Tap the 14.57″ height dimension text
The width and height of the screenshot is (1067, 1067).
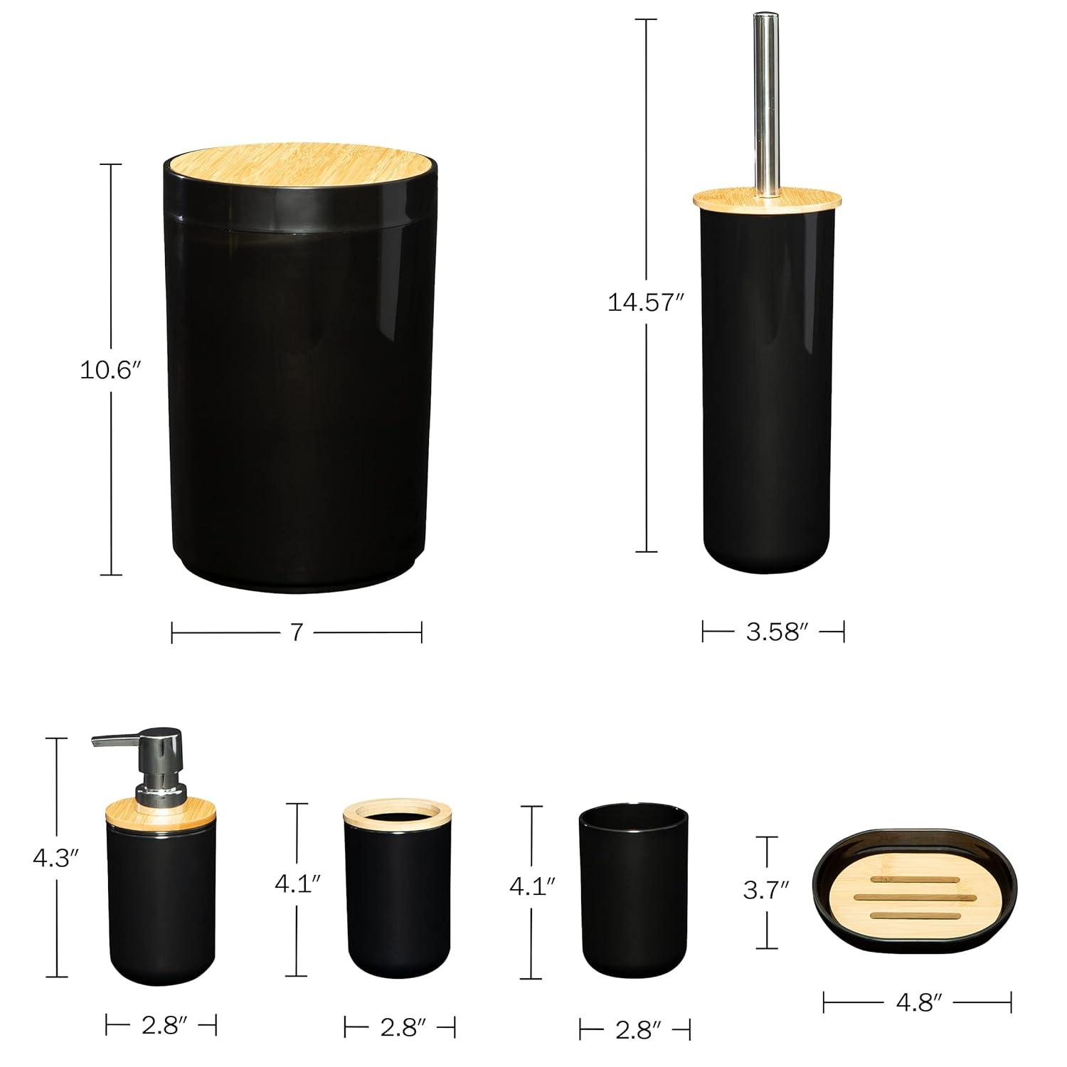click(645, 302)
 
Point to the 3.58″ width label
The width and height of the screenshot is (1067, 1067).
click(773, 631)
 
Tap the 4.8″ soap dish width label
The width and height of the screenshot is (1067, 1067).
click(918, 1002)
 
